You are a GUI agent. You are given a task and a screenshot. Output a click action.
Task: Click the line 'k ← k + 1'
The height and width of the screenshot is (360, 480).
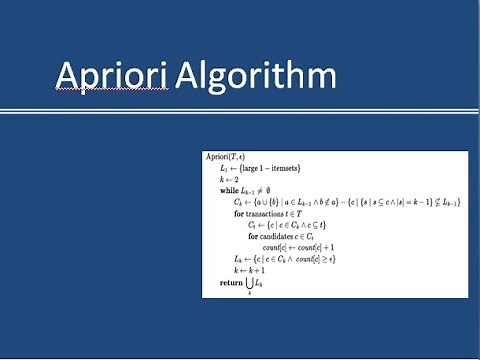click(246, 270)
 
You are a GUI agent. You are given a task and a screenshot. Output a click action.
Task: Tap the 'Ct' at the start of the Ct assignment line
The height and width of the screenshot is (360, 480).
click(252, 225)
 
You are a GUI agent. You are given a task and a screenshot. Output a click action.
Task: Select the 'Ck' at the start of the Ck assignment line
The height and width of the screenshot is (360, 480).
click(238, 201)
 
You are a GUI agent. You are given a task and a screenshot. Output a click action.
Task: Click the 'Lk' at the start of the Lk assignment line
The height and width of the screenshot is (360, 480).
click(238, 259)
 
